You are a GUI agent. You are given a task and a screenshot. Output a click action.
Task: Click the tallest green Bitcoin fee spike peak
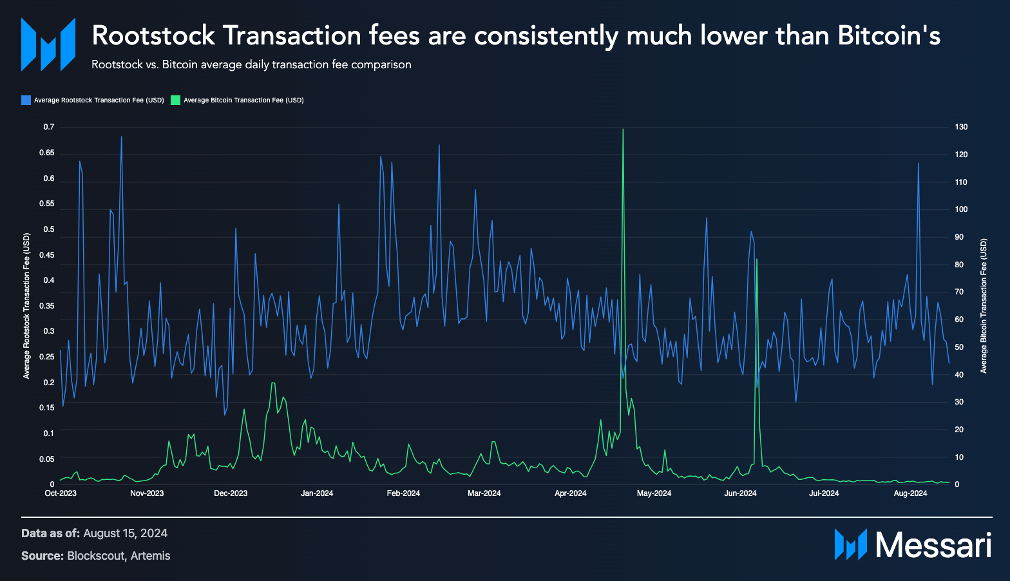click(623, 129)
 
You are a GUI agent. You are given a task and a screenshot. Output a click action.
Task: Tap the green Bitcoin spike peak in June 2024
click(756, 259)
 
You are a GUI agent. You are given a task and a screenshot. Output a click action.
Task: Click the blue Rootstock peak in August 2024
click(918, 164)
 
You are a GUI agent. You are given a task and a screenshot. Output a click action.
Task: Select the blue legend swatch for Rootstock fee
click(26, 100)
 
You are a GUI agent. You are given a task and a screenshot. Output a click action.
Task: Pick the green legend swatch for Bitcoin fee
click(175, 100)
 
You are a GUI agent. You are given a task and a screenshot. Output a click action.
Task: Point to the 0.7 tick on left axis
click(49, 127)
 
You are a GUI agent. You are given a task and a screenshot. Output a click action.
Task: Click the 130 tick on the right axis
click(961, 127)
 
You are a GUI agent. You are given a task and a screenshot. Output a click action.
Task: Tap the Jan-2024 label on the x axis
click(317, 493)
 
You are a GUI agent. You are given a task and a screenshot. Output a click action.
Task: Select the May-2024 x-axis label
click(654, 493)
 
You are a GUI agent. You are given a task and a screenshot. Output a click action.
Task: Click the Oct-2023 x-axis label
click(61, 493)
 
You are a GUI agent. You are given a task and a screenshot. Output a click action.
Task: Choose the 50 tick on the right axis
click(959, 347)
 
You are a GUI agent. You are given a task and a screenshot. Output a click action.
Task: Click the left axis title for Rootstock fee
click(27, 306)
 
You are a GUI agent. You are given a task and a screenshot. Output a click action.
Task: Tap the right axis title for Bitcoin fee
click(984, 306)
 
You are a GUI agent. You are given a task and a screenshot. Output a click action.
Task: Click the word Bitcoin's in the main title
click(889, 36)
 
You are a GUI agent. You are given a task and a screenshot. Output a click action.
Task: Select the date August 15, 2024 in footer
click(125, 533)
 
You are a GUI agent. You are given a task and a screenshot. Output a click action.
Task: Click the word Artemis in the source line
click(150, 556)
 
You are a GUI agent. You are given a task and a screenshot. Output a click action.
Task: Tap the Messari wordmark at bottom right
click(933, 545)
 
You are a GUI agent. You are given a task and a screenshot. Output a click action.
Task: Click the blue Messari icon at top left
click(48, 44)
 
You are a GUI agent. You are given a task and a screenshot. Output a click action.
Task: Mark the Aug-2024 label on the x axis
click(910, 493)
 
